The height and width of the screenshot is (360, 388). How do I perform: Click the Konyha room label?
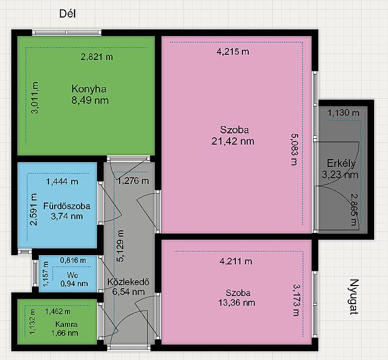coord(89,89)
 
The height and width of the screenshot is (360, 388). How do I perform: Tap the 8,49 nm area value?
coord(90,101)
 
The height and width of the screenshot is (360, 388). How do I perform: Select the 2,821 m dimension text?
coord(97,57)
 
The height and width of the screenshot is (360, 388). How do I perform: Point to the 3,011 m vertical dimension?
coord(35,97)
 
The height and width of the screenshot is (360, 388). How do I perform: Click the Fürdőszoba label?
coord(67,206)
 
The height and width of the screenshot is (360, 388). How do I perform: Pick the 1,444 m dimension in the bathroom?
coord(62,182)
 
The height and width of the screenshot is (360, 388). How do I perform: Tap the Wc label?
coord(72,275)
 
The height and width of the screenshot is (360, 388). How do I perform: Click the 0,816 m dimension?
coord(73,260)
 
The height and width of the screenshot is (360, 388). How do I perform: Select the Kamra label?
coord(66,324)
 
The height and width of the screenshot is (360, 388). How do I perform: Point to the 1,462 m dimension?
coord(57,312)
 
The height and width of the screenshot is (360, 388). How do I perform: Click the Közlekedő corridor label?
coord(129,282)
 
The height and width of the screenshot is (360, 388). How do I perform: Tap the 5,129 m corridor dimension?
coord(121,246)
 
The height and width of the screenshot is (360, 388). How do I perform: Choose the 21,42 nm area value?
coord(233,141)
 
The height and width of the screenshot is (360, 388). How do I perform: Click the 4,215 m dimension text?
coord(233,52)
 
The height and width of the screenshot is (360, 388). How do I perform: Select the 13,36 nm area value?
coord(237,303)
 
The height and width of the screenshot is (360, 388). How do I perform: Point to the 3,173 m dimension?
coord(296,300)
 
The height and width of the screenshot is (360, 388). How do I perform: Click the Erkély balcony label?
coord(341,163)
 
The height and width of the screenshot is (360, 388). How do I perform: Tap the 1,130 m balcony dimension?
coord(343,113)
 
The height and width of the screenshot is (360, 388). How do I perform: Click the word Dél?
coord(68,14)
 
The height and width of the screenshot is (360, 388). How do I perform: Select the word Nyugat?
coord(354,297)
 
